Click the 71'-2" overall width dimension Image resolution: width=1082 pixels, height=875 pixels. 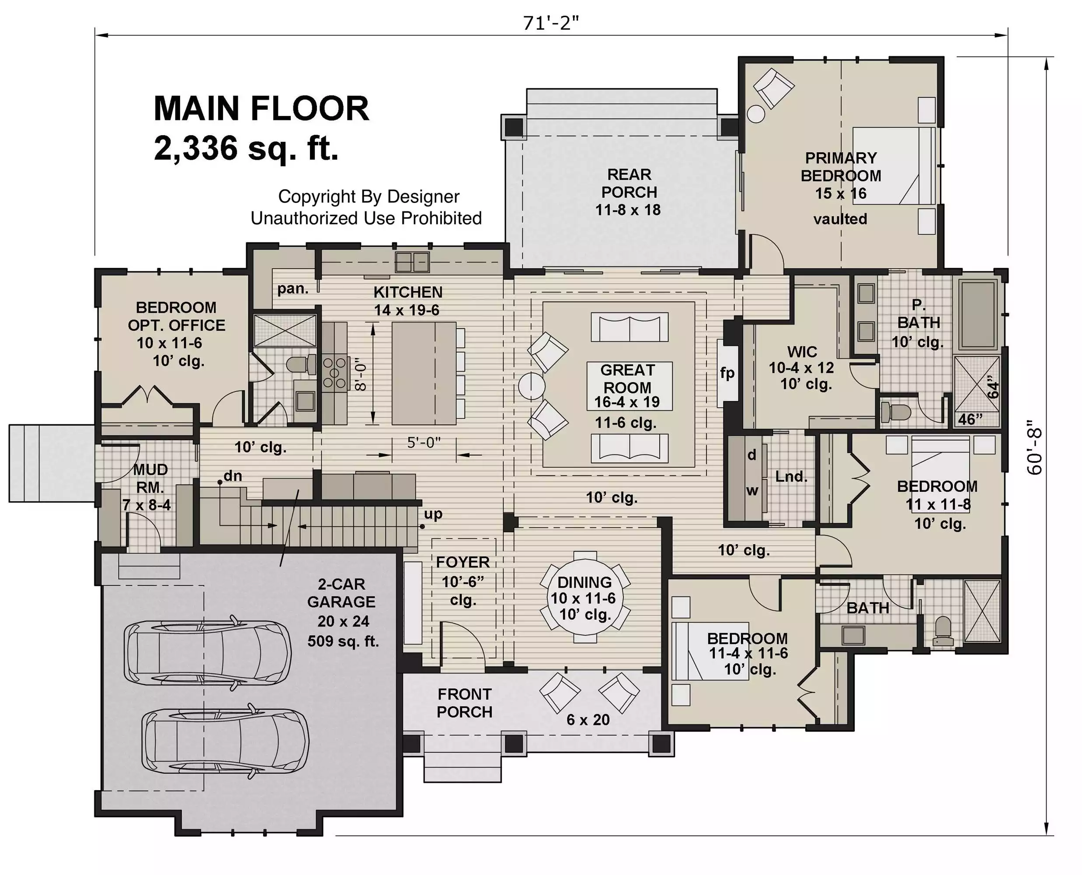point(551,23)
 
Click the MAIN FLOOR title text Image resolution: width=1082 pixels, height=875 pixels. point(261,108)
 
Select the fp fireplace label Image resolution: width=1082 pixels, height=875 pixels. point(727,373)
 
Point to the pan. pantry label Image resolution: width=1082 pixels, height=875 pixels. point(292,289)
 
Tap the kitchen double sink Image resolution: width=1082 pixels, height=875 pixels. point(412,262)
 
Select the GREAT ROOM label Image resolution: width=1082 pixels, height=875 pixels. point(628,379)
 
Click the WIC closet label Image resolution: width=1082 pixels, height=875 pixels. point(802,351)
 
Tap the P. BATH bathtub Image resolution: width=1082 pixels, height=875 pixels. point(979,314)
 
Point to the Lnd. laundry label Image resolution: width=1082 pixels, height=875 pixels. point(791,476)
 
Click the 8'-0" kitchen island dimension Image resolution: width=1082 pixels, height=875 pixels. point(360,374)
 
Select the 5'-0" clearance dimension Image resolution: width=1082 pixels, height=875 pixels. point(424,443)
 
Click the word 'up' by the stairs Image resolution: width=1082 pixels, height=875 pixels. point(433,514)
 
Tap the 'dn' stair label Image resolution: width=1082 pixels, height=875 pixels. point(233,476)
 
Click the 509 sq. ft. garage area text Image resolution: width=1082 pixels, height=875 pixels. point(343,641)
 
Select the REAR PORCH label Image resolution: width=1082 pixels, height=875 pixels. point(629,183)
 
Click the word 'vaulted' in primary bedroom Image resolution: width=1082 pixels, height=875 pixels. point(840,219)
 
